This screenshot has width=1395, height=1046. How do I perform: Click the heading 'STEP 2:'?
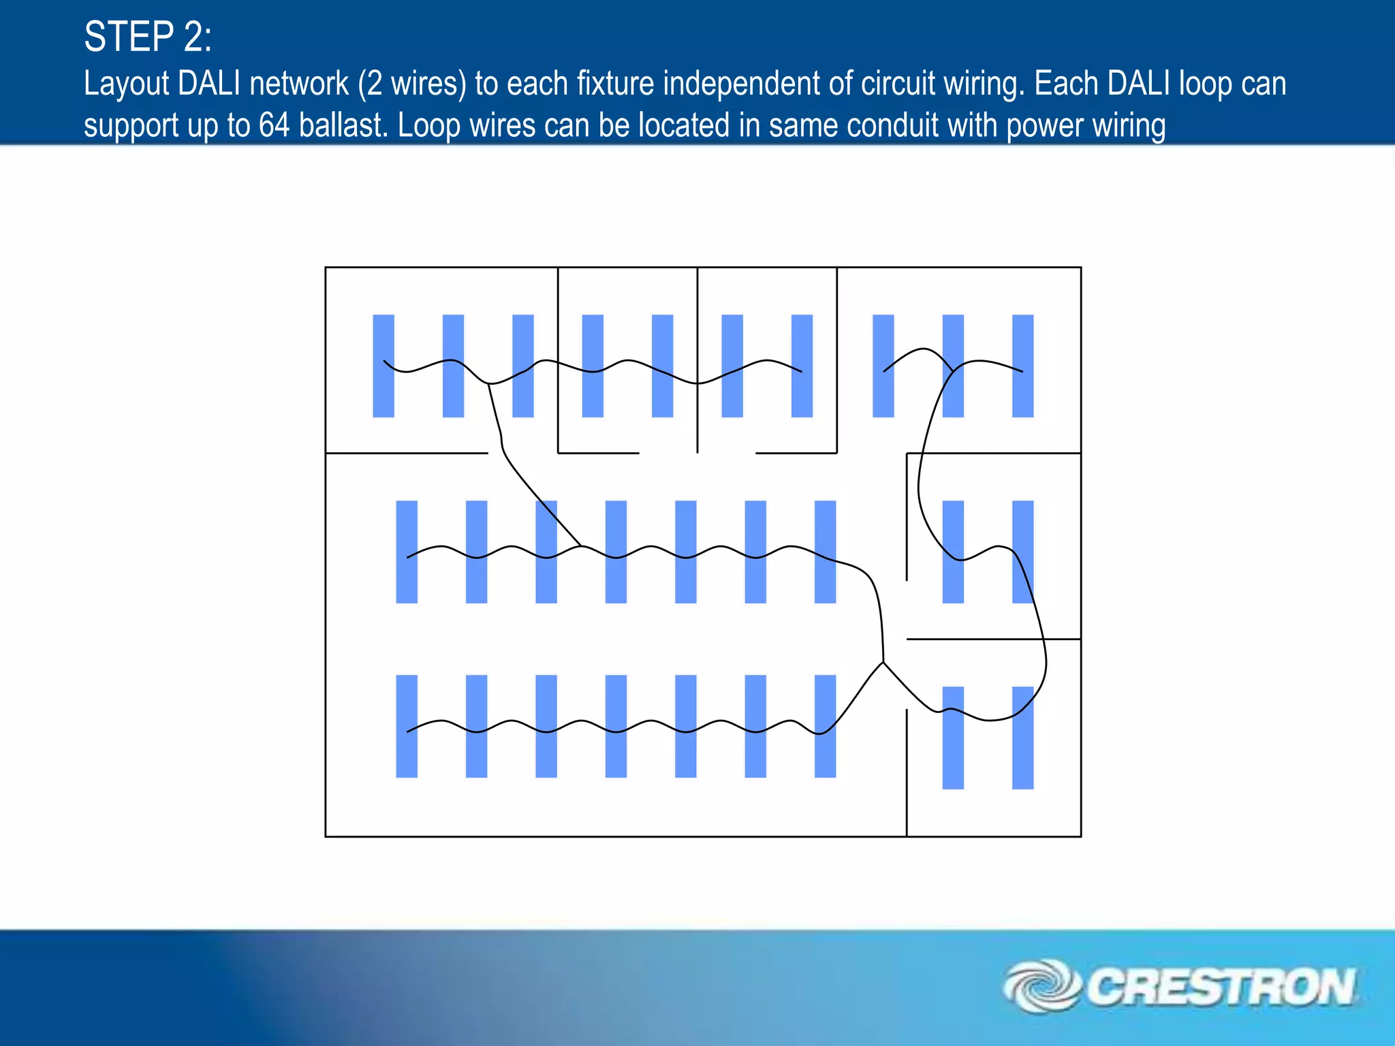coord(147,37)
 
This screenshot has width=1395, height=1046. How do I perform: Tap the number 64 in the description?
coord(274,126)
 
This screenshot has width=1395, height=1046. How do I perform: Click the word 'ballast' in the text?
coord(342,126)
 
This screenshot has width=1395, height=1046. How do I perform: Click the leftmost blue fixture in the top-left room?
coord(383,366)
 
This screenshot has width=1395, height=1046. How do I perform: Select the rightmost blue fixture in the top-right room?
coord(1022,366)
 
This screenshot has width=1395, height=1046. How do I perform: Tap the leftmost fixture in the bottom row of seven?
coord(407,726)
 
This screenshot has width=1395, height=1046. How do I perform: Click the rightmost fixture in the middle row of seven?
coord(825,552)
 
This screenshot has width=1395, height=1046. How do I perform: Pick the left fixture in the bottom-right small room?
coord(953,738)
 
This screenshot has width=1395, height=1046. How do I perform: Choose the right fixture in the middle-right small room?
coord(1022,552)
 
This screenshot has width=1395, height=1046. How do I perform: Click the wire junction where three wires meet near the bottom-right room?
coord(883,662)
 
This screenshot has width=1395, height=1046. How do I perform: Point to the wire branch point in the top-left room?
coord(489,384)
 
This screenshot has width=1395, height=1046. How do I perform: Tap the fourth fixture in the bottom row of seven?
coord(616,726)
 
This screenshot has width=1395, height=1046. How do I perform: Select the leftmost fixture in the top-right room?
coord(883,366)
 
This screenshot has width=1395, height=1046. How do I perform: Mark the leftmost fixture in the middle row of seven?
coord(407,552)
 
